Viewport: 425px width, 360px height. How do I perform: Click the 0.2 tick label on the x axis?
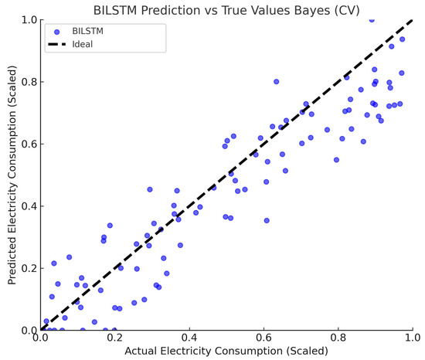click(115, 338)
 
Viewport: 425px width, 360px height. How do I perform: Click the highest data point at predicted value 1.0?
click(372, 19)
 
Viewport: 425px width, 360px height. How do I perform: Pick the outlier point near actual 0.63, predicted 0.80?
click(276, 81)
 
